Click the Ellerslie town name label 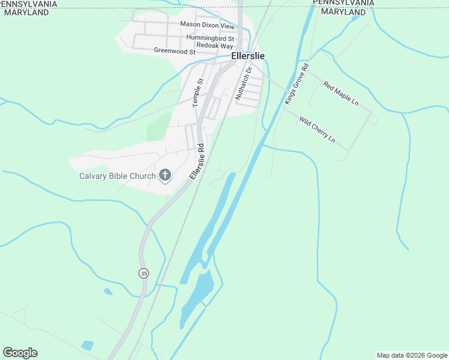coord(248,56)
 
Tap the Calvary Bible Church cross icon coord(164,176)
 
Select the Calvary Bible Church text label coord(118,176)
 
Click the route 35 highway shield coord(143,273)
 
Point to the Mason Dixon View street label coord(208,25)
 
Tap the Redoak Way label coord(210,46)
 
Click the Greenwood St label coord(175,52)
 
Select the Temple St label coord(199,93)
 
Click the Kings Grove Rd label coord(297,84)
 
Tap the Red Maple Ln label coord(340,94)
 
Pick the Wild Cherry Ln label coord(317,130)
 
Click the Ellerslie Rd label coord(197,161)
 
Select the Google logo coord(20,353)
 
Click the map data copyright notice coord(412,355)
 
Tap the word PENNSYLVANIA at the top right coord(343,3)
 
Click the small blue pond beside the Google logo coord(87,345)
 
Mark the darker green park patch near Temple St coord(158,127)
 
